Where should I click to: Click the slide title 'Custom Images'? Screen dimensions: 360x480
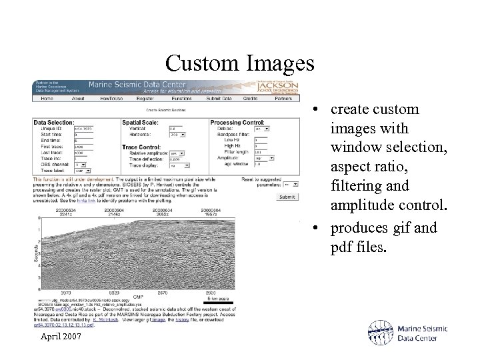(x=240, y=63)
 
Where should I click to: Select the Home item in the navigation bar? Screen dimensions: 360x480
(x=47, y=99)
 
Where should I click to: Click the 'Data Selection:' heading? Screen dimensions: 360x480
(x=54, y=123)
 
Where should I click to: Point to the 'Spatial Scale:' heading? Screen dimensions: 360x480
(x=141, y=123)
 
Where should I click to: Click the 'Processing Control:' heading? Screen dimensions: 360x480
(x=237, y=123)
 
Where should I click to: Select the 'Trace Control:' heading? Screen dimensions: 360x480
(x=141, y=147)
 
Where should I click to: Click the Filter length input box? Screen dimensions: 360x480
(x=261, y=152)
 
